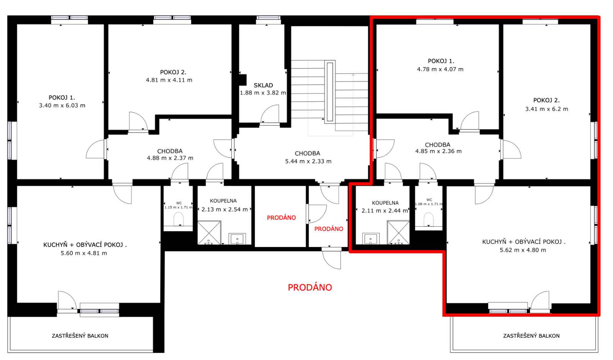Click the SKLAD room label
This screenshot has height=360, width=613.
click(263, 85)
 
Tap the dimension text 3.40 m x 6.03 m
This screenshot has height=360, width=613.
click(62, 106)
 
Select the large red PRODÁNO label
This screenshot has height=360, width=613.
click(310, 287)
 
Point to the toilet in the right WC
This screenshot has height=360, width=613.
click(429, 219)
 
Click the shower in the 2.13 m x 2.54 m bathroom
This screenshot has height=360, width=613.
click(209, 232)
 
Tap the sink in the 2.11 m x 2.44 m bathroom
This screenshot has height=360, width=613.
click(371, 239)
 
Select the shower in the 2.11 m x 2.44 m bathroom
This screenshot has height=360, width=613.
click(398, 232)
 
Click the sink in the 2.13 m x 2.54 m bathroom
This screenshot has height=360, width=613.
click(237, 239)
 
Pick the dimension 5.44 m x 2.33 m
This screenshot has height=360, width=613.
click(308, 161)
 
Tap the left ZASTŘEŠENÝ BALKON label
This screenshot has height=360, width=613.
click(80, 335)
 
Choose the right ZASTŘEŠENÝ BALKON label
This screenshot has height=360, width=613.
click(531, 335)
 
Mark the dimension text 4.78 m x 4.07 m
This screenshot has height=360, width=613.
click(440, 69)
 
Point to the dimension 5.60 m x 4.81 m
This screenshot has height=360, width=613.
click(84, 253)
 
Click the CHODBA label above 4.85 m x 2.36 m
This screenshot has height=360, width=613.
click(438, 145)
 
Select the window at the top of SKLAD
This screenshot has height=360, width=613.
click(268, 18)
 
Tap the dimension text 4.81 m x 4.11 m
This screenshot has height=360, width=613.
click(169, 80)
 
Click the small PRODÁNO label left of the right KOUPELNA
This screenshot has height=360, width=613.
click(329, 229)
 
